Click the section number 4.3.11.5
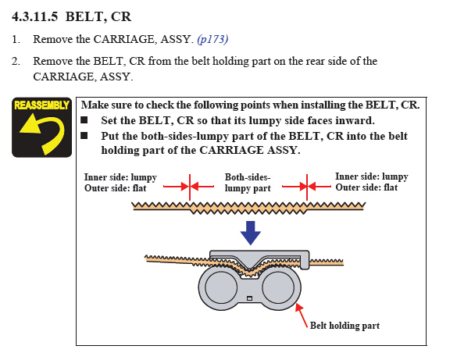tap(35, 16)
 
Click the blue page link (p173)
tap(212, 39)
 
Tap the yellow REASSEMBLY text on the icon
tap(41, 105)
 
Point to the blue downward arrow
tap(250, 233)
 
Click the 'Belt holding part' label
tap(345, 326)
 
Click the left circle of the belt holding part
tap(221, 287)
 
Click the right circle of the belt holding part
tap(278, 287)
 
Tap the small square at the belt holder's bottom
tap(249, 298)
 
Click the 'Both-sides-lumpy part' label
tap(248, 183)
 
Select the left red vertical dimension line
tap(190, 187)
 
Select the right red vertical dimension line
tap(307, 187)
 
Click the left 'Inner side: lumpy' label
tap(120, 177)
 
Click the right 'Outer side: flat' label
tap(366, 187)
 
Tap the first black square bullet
tap(84, 119)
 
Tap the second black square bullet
tap(84, 135)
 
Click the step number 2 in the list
tap(16, 62)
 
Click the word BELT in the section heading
tap(84, 16)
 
